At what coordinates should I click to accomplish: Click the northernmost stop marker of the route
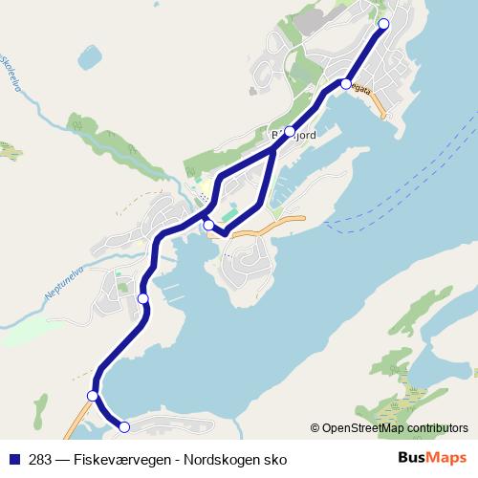click(x=384, y=24)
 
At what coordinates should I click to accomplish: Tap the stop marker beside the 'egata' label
click(x=346, y=84)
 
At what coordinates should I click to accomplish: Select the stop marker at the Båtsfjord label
click(x=290, y=133)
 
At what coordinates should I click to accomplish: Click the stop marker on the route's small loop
click(x=208, y=225)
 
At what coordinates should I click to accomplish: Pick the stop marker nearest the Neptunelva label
click(x=143, y=299)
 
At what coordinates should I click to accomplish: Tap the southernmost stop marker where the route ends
click(x=123, y=426)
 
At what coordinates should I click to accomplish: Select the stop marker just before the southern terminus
click(x=93, y=396)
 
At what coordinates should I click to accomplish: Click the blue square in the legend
click(x=15, y=459)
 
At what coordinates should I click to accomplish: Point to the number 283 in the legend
click(x=41, y=459)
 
